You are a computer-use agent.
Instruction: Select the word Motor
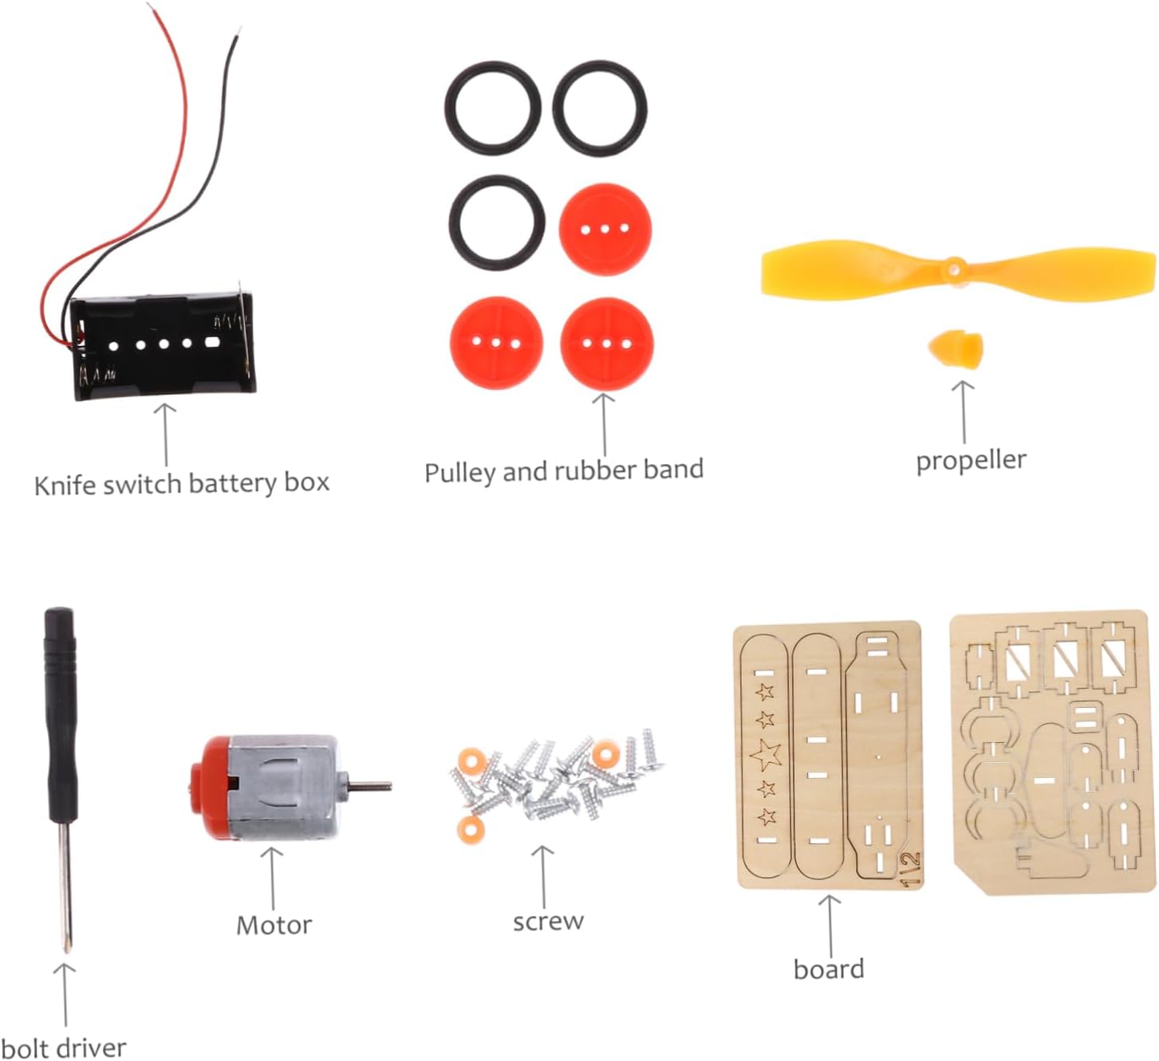274,925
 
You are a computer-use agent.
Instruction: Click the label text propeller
971,461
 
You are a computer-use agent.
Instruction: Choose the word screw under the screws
548,921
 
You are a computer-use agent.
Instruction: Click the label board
829,969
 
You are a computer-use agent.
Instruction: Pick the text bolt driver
64,1047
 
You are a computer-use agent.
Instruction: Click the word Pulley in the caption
460,472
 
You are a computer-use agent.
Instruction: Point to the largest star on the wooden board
767,753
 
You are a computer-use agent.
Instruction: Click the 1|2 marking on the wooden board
910,868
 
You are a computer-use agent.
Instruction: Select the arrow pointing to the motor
273,877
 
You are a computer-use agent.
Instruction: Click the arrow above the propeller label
964,411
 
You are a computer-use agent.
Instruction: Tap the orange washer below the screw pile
471,828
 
